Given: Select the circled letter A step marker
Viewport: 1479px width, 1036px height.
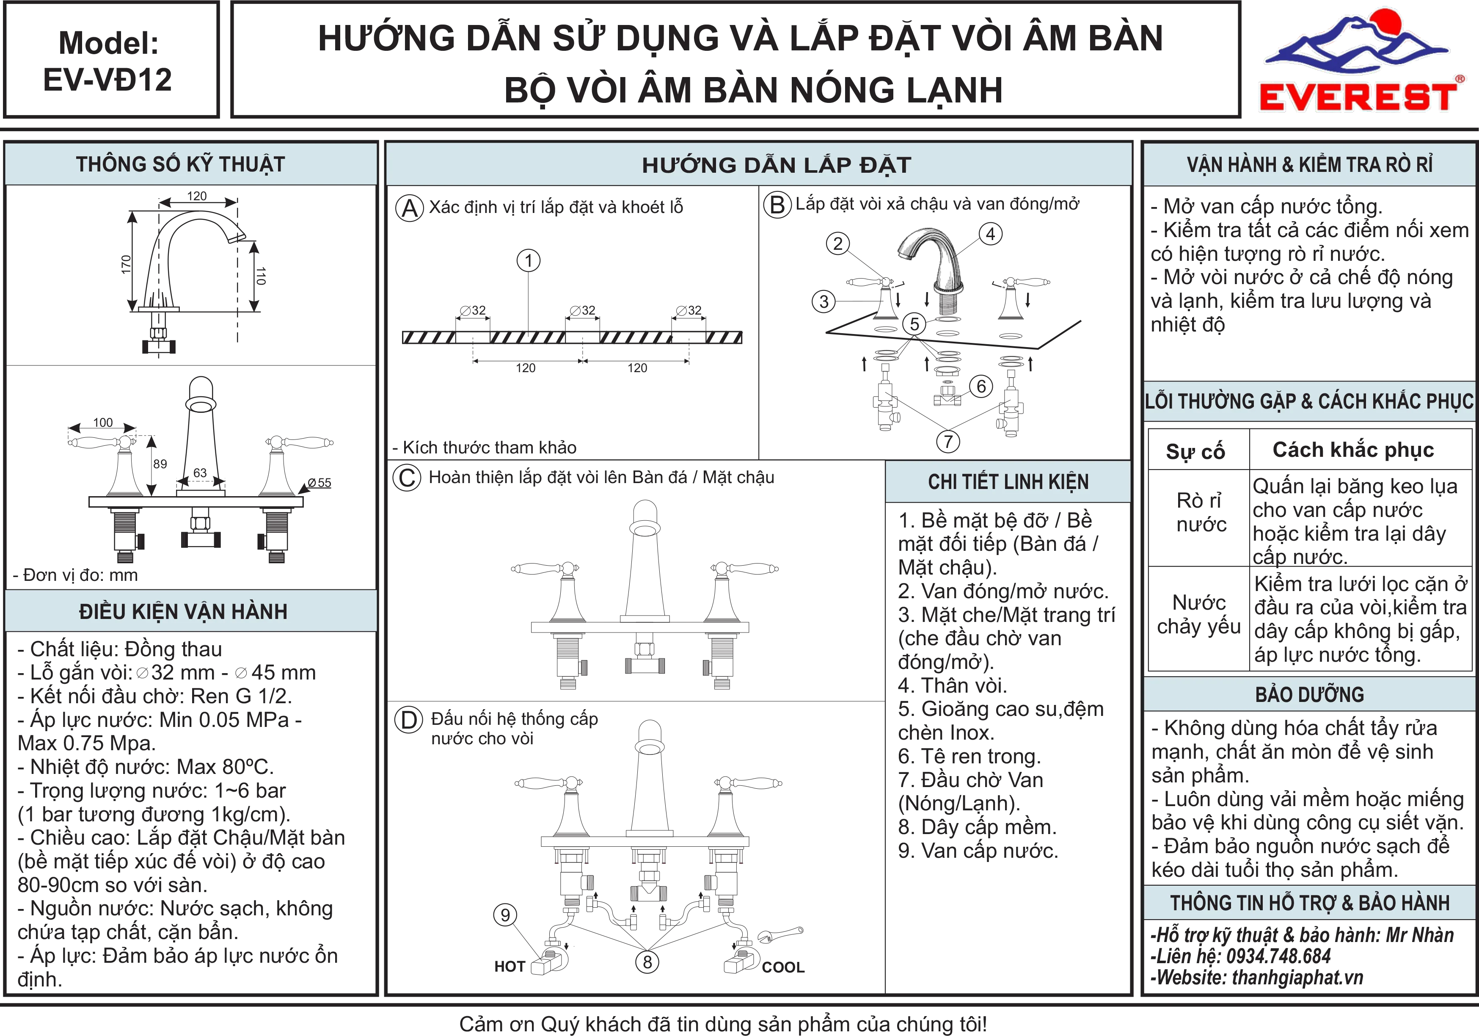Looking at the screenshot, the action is tap(410, 208).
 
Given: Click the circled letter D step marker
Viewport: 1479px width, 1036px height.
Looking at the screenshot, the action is tap(408, 720).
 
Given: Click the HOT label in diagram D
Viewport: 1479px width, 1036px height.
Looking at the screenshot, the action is tap(510, 967).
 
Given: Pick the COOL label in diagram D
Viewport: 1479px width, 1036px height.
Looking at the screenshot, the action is tap(783, 967).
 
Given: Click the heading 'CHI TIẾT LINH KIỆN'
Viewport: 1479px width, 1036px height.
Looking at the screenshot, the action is tap(1008, 482).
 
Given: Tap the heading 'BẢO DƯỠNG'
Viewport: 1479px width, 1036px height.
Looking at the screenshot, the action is tap(1310, 694).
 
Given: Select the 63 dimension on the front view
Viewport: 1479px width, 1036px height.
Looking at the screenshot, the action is tap(200, 473).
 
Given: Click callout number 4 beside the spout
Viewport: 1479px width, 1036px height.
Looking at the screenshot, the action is tap(991, 234).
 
